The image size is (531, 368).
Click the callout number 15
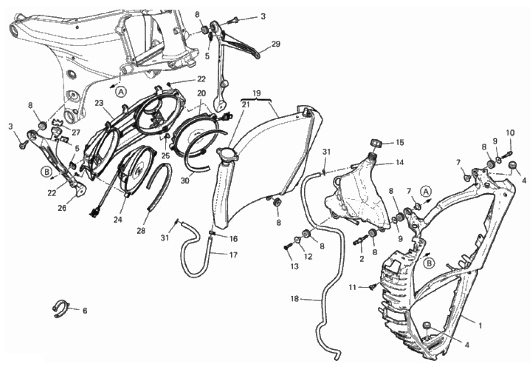point(400,142)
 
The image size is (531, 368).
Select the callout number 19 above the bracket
point(256,93)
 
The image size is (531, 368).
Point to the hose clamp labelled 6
point(61,308)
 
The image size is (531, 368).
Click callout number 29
point(276,44)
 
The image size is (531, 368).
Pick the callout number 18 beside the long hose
point(295,299)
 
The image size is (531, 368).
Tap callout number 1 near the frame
point(480,326)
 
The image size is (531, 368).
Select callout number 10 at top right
point(511,133)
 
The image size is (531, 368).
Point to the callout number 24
point(118,220)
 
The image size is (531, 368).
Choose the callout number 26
point(62,208)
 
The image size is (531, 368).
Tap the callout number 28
point(141,231)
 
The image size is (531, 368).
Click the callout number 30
point(184,181)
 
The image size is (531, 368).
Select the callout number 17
point(233,255)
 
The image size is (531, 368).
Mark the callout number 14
point(400,162)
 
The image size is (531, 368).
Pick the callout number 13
point(295,267)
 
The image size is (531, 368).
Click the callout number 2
point(362,259)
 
